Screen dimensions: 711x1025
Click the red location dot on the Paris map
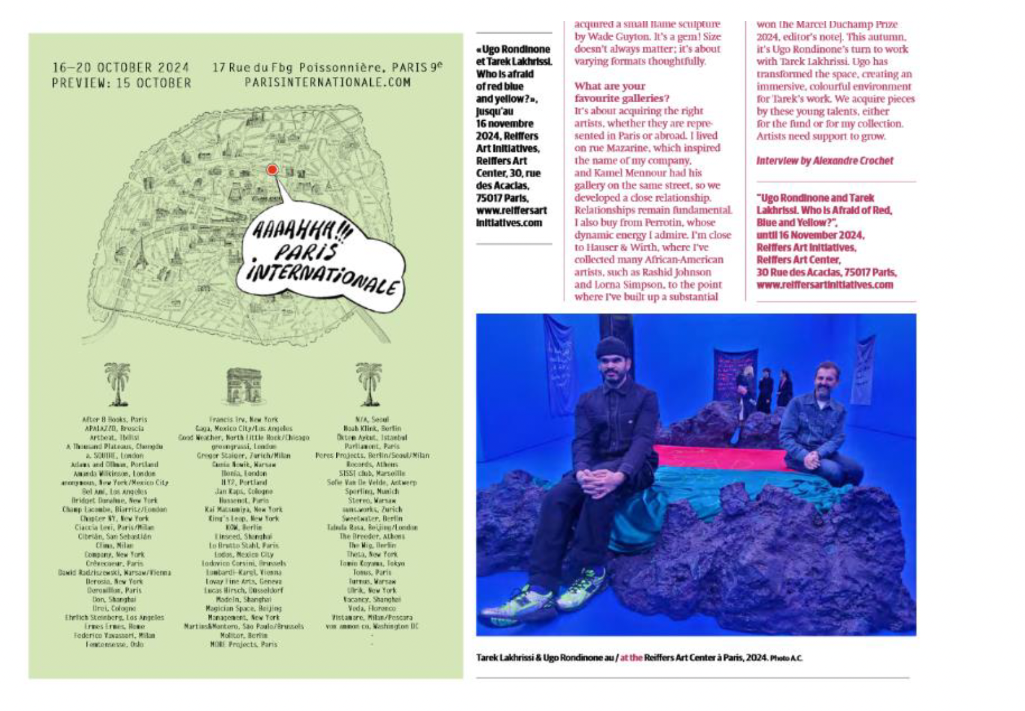point(272,170)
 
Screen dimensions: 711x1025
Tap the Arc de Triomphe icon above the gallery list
point(243,386)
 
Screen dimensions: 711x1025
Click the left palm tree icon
point(117,384)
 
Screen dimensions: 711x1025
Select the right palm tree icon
point(368,384)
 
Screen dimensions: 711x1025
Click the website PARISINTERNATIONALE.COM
point(327,83)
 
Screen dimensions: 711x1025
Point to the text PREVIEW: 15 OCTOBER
point(121,83)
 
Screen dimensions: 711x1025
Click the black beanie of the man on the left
point(612,348)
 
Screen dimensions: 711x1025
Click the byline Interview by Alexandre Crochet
point(824,161)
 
